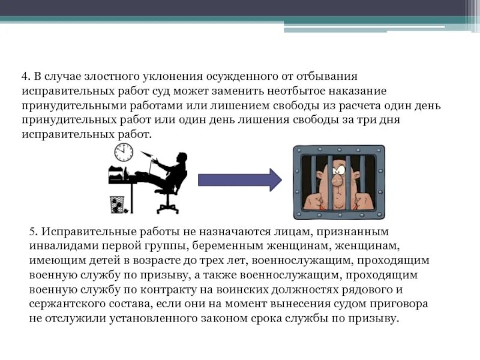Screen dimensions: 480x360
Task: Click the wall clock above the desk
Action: click(x=123, y=152)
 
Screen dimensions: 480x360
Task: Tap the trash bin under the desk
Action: click(x=116, y=203)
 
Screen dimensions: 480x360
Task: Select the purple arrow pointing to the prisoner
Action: click(x=239, y=179)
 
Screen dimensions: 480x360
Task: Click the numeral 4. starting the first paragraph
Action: click(x=26, y=77)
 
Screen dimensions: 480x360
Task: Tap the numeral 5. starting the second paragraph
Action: click(x=34, y=232)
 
